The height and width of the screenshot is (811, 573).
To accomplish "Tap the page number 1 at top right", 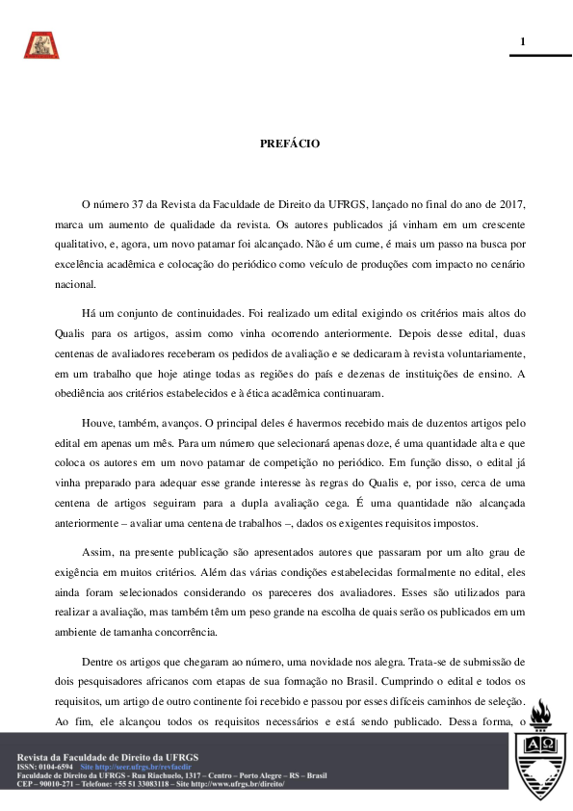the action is pos(523,41).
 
